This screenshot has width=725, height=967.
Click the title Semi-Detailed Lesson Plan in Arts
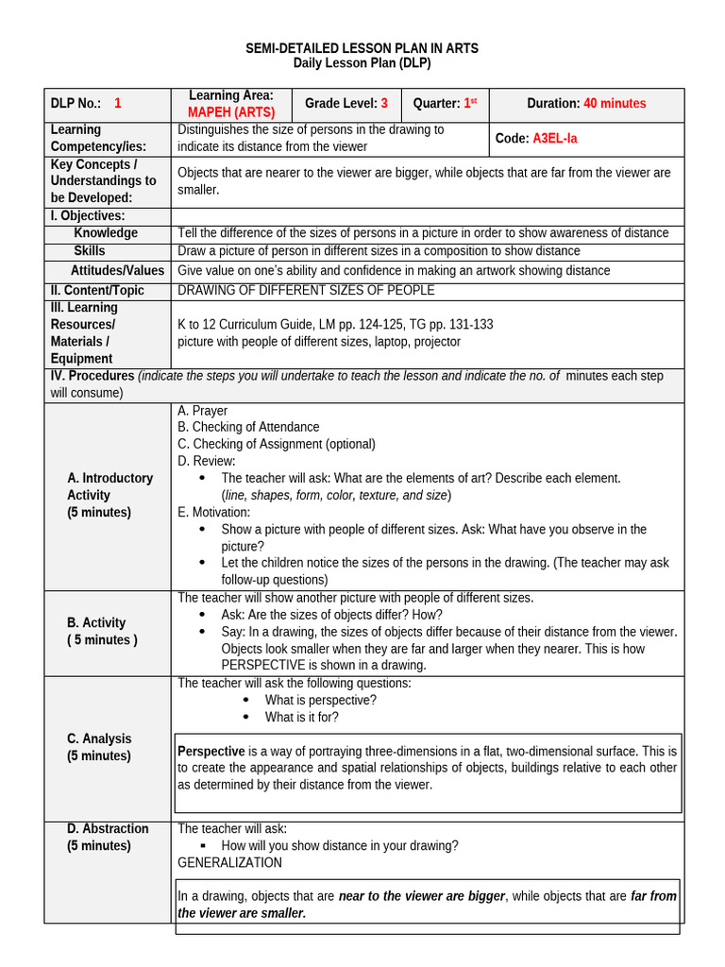point(362,48)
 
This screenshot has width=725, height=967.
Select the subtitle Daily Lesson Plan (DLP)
point(362,64)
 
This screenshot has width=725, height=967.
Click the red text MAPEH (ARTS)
point(231,112)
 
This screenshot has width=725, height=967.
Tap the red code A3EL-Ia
point(555,138)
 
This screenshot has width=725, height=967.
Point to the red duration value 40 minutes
point(615,104)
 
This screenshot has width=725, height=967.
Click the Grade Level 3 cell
point(346,104)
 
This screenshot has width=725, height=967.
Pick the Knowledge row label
point(106,233)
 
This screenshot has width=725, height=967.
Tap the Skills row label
point(90,251)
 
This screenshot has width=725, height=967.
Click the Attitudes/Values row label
point(117,271)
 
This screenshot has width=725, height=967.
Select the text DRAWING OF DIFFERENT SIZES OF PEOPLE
point(306,291)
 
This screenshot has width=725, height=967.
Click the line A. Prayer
point(202,411)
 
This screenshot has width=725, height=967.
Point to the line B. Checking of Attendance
point(248,428)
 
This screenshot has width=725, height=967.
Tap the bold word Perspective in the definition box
point(211,752)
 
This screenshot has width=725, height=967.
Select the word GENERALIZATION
point(229,863)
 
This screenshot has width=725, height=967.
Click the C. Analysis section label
point(99,738)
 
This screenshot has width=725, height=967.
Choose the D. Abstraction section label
point(108,829)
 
